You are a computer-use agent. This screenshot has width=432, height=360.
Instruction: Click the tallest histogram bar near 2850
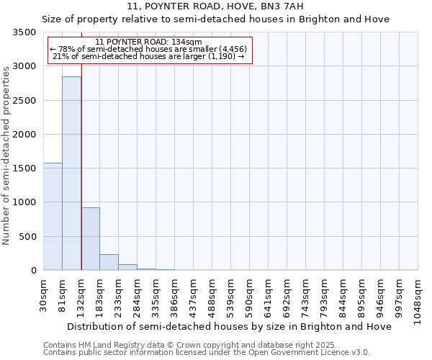71,173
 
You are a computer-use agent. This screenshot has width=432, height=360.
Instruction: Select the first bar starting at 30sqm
53,216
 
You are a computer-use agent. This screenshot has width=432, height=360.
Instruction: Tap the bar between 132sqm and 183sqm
90,238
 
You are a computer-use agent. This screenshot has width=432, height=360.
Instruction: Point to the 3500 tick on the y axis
24,33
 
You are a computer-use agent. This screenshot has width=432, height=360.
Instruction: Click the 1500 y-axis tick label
24,168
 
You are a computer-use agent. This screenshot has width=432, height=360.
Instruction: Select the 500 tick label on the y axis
27,237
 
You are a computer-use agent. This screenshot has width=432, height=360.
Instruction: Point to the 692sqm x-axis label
287,294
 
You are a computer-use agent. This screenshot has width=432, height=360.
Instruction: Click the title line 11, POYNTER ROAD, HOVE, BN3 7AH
215,6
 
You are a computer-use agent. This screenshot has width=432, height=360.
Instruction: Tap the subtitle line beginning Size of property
215,19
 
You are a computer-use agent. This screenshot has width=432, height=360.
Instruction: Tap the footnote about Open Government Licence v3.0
207,352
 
